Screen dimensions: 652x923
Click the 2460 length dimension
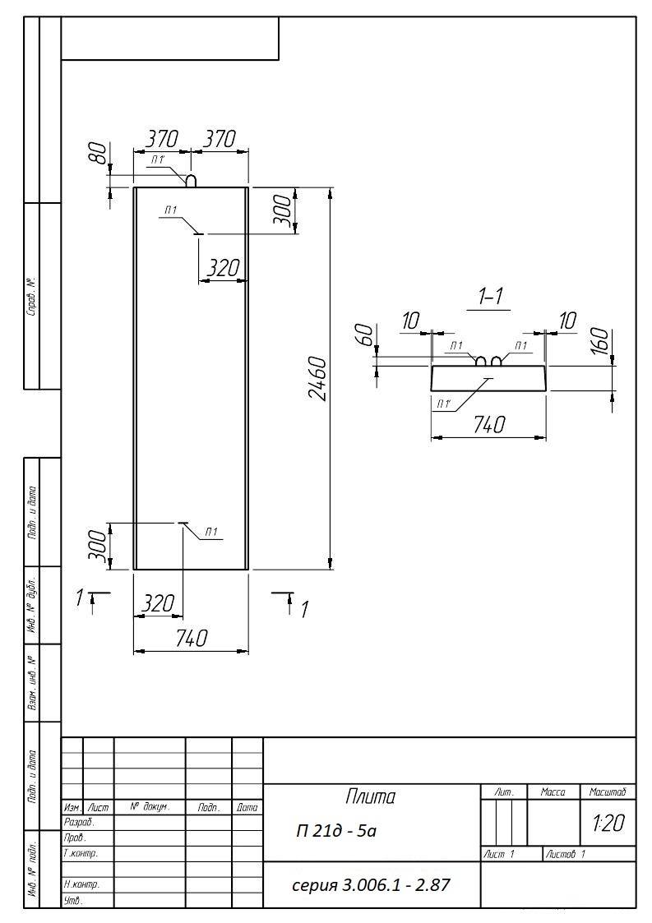pos(319,379)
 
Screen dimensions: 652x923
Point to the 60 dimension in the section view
pos(365,335)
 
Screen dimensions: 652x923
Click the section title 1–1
pos(491,296)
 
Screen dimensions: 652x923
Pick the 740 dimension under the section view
pos(489,424)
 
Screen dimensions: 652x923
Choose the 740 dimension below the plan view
pos(192,638)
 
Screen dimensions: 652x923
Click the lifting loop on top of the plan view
pos(192,180)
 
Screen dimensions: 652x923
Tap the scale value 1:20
pos(608,823)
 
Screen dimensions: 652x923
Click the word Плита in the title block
pos(371,797)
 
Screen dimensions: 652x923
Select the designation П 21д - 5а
pos(336,831)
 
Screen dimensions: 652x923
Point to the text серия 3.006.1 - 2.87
pos(372,884)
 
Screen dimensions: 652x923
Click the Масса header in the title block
pos(553,792)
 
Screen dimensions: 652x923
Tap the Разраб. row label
pos(78,823)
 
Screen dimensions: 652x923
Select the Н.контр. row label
pos(81,884)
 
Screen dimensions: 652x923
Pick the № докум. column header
pos(150,808)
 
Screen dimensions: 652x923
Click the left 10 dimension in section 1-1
pos(410,321)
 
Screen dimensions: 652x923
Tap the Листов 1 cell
pos(566,854)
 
